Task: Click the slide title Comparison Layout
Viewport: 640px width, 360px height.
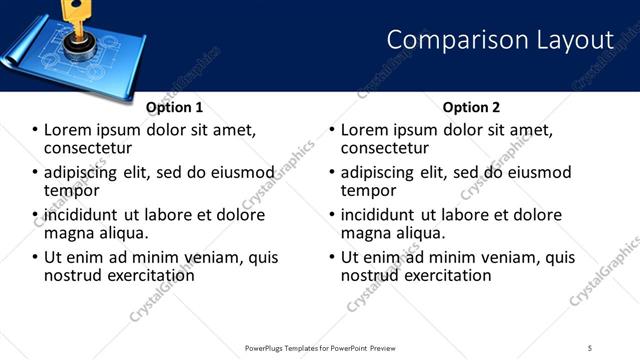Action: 499,40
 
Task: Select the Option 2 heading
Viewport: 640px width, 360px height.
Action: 471,107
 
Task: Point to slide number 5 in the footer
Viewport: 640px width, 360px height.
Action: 590,347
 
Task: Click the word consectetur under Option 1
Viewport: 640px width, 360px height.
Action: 89,148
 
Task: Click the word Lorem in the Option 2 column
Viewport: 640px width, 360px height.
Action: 365,130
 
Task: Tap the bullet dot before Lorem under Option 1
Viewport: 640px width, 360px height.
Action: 35,130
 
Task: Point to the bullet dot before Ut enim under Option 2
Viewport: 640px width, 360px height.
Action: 332,257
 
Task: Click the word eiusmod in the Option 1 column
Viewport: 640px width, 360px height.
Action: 245,172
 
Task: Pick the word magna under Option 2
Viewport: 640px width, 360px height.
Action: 367,233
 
